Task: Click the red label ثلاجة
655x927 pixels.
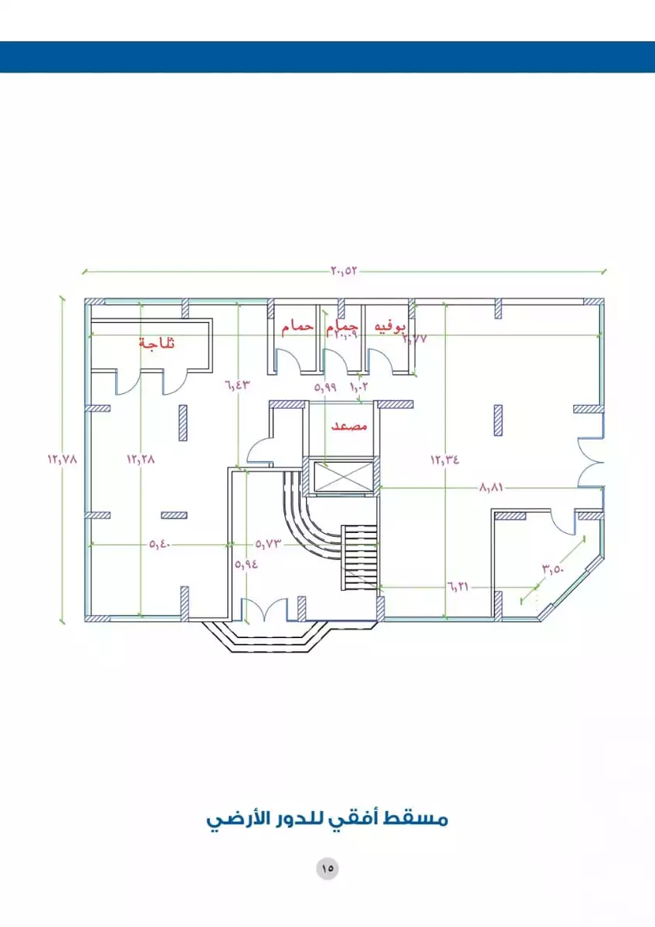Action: (x=157, y=343)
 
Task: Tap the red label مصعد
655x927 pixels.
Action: (x=349, y=426)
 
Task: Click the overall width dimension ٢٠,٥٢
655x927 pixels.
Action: (x=345, y=271)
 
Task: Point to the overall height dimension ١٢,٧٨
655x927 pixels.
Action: (x=63, y=458)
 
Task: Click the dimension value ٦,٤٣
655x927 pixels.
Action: (x=239, y=384)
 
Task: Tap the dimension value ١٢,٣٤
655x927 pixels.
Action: (x=445, y=459)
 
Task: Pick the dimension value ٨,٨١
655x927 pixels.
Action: (x=492, y=487)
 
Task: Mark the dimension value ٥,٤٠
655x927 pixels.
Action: (x=160, y=545)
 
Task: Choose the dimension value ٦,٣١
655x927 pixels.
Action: (x=458, y=586)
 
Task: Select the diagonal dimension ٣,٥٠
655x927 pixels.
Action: (x=554, y=570)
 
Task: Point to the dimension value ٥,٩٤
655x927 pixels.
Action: (x=246, y=564)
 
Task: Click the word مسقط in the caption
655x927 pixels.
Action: (x=424, y=819)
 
